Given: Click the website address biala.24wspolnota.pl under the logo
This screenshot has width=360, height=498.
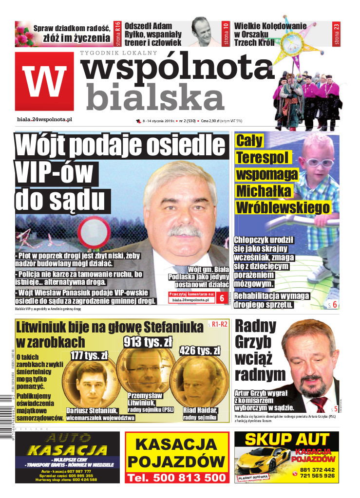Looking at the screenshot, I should pyautogui.click(x=44, y=120).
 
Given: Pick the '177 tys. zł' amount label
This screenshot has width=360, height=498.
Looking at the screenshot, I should pyautogui.click(x=89, y=355).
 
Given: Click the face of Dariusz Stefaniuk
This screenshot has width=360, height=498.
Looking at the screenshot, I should pyautogui.click(x=91, y=382).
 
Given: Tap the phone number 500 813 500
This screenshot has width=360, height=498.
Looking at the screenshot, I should pyautogui.click(x=177, y=478).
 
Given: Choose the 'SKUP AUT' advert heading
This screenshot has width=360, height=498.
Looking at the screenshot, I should pyautogui.click(x=287, y=440).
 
